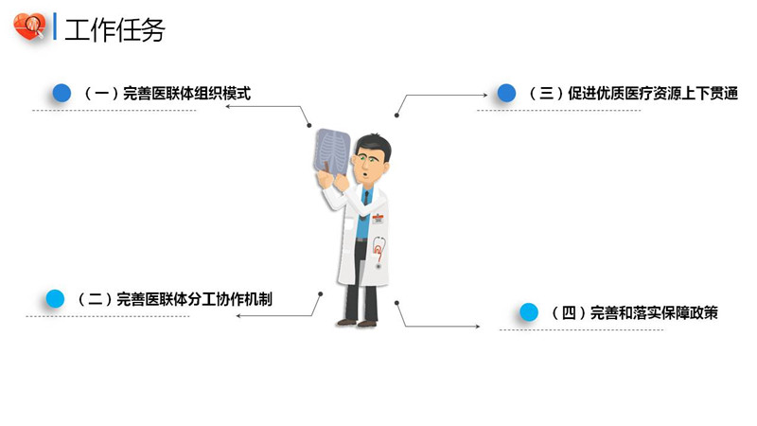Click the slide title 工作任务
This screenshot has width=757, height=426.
(114, 29)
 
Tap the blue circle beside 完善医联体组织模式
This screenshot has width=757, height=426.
(62, 93)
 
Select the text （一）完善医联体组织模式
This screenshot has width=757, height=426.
(167, 94)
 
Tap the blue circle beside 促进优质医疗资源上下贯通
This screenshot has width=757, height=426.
(506, 93)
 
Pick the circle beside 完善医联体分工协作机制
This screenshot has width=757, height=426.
(56, 299)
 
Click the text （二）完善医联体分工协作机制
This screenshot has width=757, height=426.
(175, 299)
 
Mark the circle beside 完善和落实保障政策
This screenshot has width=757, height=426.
(530, 312)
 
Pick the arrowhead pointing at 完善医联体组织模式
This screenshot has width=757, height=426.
(228, 106)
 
